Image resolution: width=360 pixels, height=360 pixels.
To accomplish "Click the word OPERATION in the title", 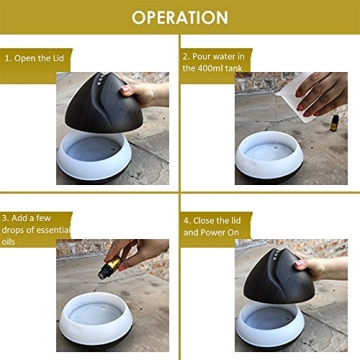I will [180, 17].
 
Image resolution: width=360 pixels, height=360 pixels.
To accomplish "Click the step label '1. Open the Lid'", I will [36, 57].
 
